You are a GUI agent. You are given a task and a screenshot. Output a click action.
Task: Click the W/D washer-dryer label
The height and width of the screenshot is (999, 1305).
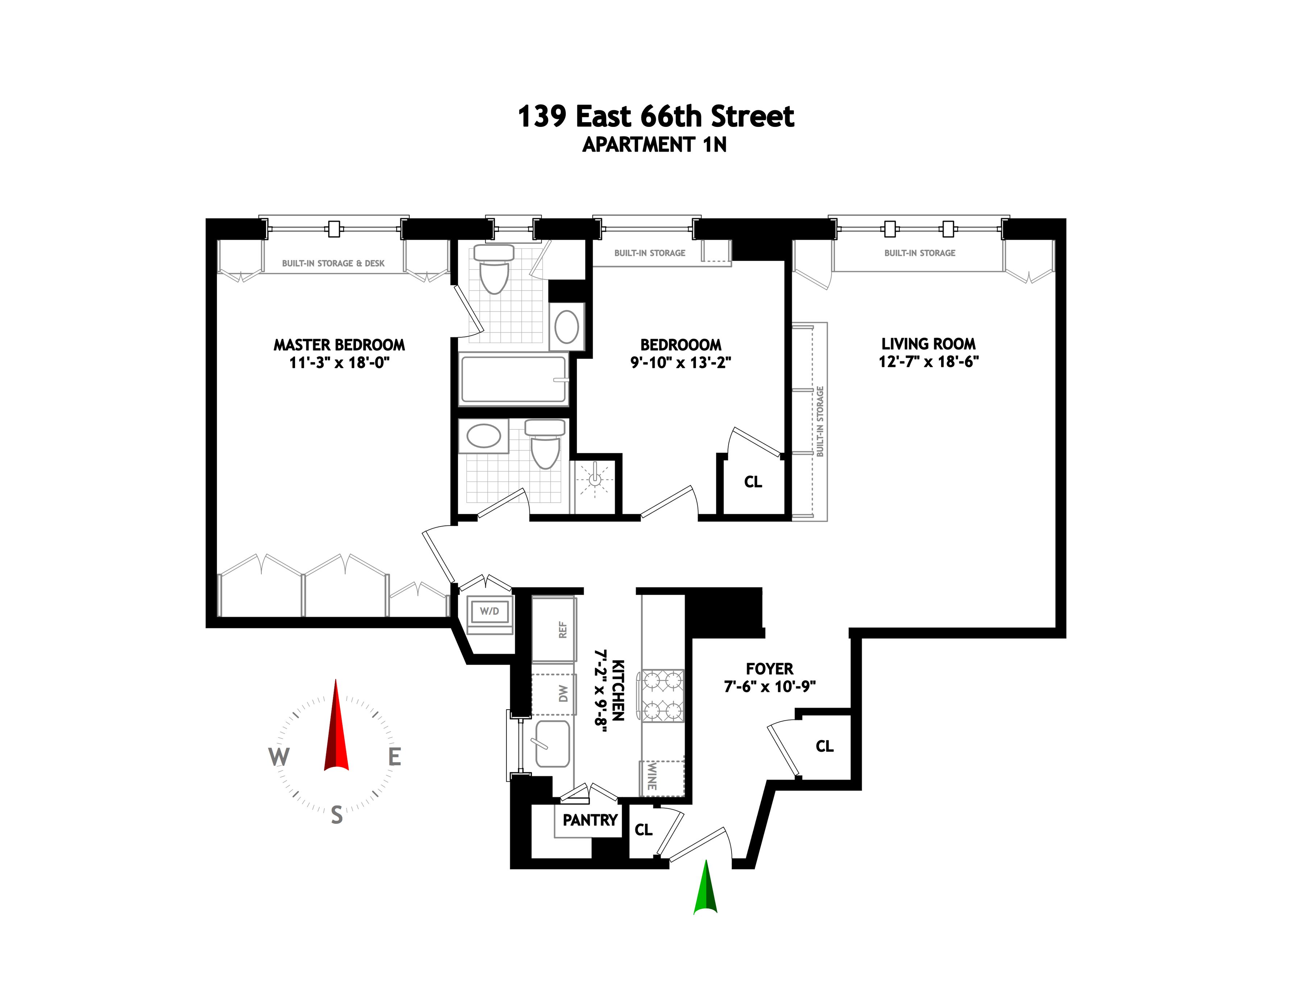489,611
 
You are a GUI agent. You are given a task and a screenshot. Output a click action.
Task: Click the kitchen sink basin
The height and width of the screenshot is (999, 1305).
552,743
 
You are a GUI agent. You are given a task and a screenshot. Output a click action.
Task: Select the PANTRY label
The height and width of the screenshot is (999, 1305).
590,820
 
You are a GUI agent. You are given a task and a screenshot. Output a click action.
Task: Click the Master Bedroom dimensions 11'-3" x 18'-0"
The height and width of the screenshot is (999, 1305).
339,362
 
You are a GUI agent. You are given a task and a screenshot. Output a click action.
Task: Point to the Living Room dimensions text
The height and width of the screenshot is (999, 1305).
928,361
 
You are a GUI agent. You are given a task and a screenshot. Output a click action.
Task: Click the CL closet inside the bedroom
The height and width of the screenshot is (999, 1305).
753,482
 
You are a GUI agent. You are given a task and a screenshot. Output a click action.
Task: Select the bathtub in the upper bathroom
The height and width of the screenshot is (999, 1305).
513,379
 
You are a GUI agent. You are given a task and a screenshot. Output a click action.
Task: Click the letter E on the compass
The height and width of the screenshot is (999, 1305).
394,757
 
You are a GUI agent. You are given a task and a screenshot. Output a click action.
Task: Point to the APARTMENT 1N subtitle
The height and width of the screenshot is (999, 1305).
654,144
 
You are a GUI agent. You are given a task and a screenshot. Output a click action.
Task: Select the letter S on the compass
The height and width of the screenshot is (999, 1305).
336,815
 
